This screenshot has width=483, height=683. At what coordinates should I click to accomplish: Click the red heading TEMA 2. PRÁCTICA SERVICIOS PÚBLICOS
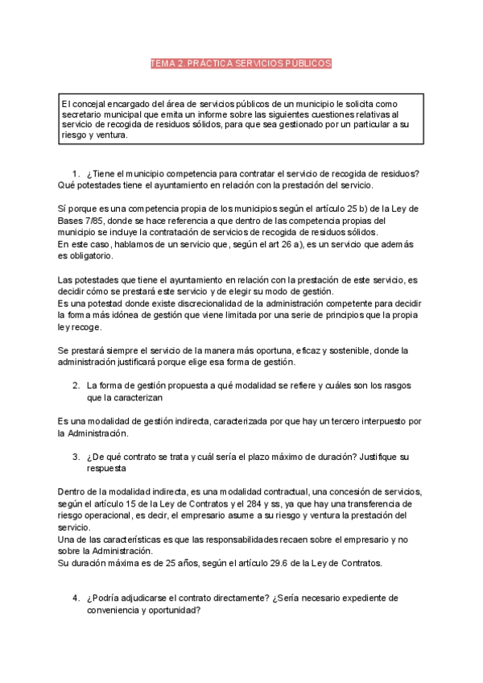click(241, 64)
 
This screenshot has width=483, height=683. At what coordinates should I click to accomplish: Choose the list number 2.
click(76, 386)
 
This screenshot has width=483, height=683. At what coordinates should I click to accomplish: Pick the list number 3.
click(76, 456)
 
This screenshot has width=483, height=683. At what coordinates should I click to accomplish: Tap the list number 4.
click(76, 598)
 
